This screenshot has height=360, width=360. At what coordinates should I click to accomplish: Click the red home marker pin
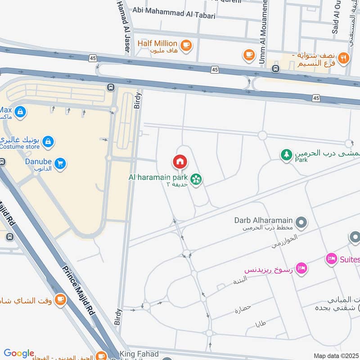point(180,161)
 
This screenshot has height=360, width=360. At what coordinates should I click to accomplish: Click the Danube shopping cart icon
point(59,164)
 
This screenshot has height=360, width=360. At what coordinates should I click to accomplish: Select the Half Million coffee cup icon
point(185,45)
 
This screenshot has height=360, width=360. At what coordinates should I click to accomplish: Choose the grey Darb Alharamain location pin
point(301,222)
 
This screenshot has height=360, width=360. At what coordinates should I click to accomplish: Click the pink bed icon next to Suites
point(331,259)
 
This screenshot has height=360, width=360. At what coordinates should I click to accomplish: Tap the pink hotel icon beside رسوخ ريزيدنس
point(301,267)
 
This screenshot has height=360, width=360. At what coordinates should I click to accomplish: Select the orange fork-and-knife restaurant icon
point(343,58)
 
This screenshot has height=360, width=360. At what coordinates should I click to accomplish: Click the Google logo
point(19,353)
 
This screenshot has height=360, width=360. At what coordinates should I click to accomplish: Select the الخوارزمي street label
point(284,242)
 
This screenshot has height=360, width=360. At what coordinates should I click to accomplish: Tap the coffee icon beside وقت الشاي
point(60,299)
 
